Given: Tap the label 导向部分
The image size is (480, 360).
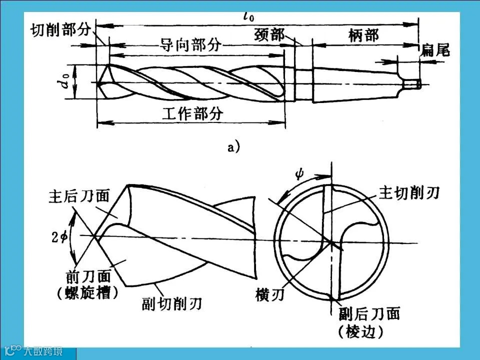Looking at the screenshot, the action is pos(190,45).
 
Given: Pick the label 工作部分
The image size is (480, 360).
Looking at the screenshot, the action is pos(192,113).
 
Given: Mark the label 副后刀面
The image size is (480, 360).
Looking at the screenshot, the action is pos(366,314).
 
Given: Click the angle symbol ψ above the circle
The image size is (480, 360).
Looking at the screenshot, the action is pos(299,174).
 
